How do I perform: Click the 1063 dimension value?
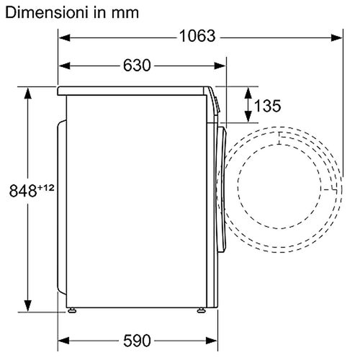(x=197, y=36)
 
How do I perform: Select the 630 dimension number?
(x=137, y=66)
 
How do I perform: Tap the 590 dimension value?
(x=137, y=341)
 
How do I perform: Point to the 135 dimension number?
(x=267, y=106)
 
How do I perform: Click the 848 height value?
(x=23, y=191)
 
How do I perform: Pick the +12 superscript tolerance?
(x=45, y=187)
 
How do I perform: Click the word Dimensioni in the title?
(x=45, y=12)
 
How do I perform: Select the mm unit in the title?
(x=125, y=14)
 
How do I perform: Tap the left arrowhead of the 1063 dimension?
(x=64, y=37)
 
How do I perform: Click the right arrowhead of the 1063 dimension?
(x=336, y=37)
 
